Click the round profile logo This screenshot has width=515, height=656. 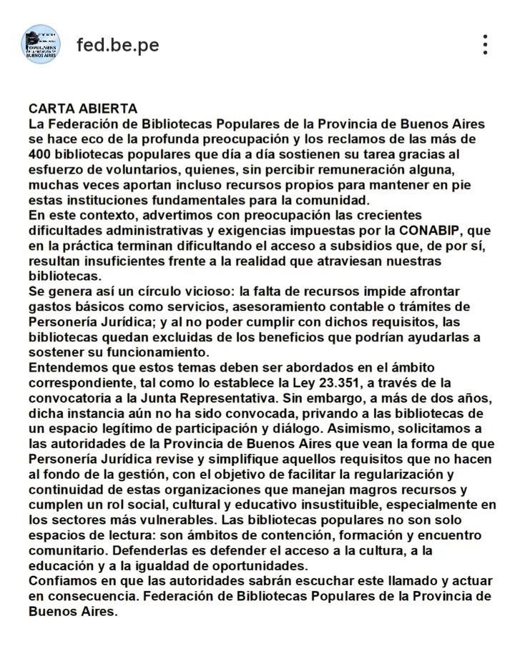(41, 44)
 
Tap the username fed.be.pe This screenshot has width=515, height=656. (118, 45)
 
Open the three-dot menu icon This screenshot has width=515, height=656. (486, 45)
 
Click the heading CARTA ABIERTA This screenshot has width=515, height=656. (83, 109)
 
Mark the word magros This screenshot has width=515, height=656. (345, 489)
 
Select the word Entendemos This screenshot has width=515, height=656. (69, 368)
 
